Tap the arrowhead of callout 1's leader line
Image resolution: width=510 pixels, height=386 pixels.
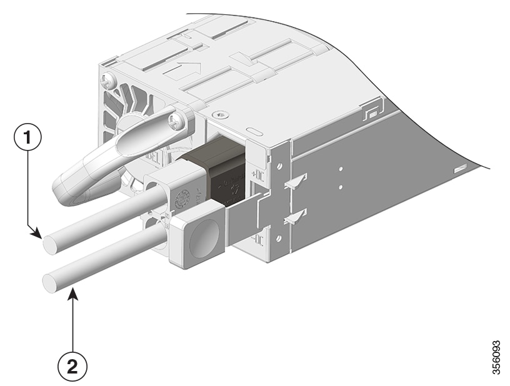click(41, 237)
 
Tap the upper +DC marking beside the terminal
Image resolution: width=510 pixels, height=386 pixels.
click(256, 173)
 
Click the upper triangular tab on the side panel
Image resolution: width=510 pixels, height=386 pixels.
click(296, 182)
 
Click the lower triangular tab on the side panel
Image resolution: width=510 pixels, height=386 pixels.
click(296, 217)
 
